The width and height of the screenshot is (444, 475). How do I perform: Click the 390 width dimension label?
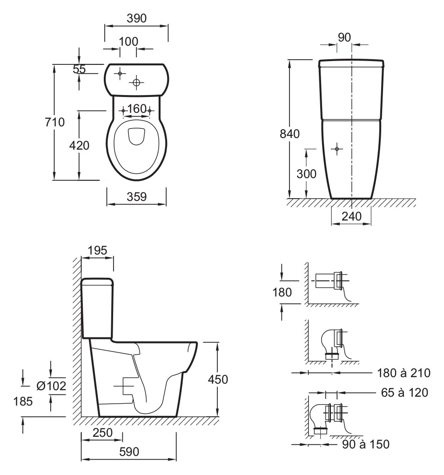pos(137,19)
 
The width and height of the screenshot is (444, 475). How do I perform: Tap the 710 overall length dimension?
pos(55,122)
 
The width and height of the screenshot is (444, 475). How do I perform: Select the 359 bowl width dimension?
pos(137,197)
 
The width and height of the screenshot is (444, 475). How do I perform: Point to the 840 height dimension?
pos(289,134)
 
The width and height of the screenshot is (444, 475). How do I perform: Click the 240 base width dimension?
pos(352,216)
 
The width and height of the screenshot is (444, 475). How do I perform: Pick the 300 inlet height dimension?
pos(306,174)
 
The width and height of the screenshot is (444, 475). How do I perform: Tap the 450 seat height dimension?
pos(218,379)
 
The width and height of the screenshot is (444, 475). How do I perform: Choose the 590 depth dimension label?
pos(129,452)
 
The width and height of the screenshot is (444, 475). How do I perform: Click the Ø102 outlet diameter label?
pos(51,386)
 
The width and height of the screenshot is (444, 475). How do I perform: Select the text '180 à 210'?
pos(404,373)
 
